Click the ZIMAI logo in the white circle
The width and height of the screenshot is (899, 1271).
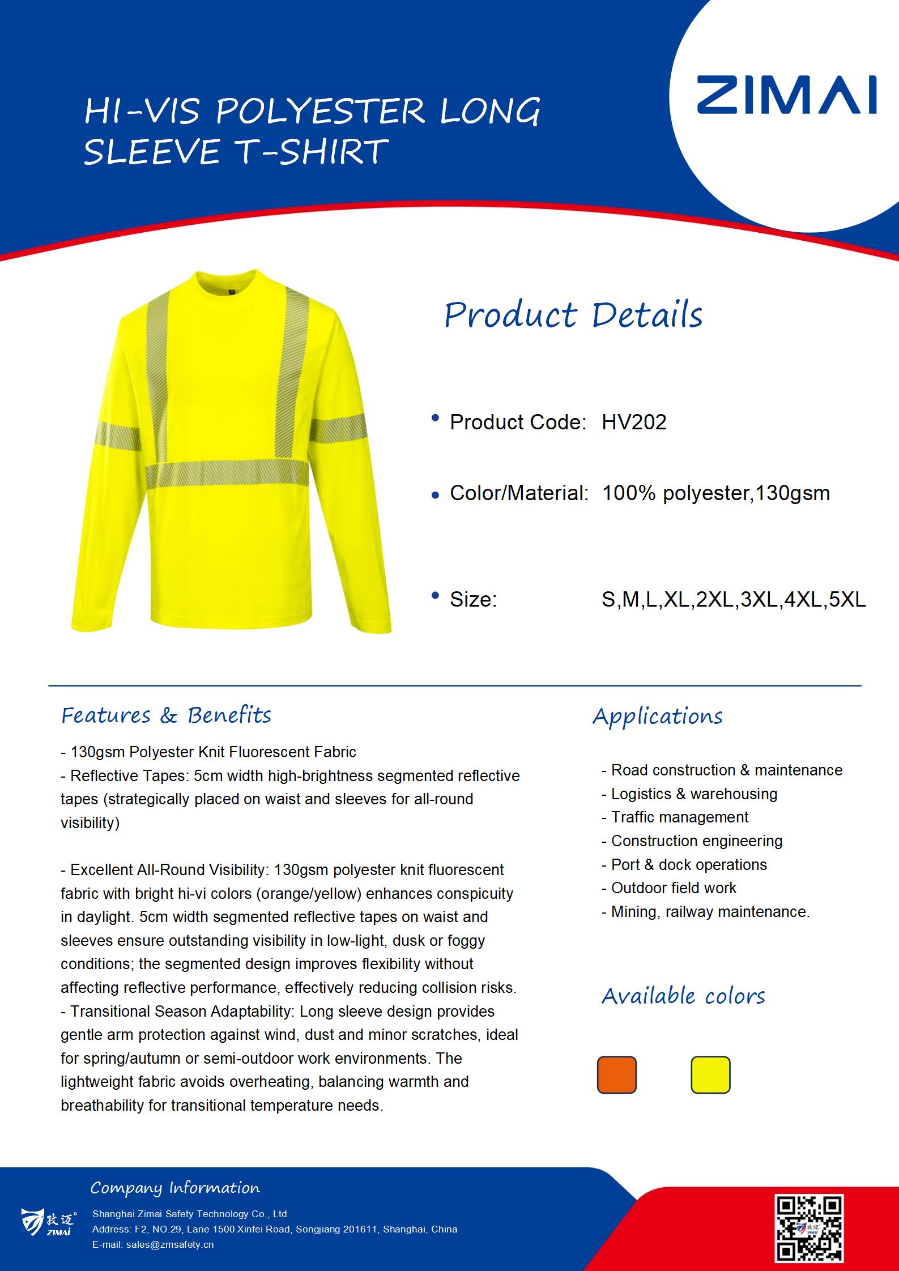tap(786, 95)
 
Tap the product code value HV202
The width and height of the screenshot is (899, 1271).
tap(634, 422)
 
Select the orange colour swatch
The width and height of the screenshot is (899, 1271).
tap(616, 1074)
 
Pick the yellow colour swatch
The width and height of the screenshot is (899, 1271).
tap(710, 1074)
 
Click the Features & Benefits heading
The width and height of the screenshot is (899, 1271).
tap(166, 715)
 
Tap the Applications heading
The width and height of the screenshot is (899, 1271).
tap(657, 716)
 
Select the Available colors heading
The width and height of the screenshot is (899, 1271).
tap(683, 996)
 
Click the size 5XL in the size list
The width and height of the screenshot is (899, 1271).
tap(847, 599)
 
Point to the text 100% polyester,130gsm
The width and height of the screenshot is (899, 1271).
tap(715, 493)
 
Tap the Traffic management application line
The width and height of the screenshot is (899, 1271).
tap(679, 817)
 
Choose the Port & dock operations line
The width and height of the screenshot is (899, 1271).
tap(688, 864)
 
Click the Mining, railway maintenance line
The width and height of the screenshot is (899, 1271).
tap(710, 911)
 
